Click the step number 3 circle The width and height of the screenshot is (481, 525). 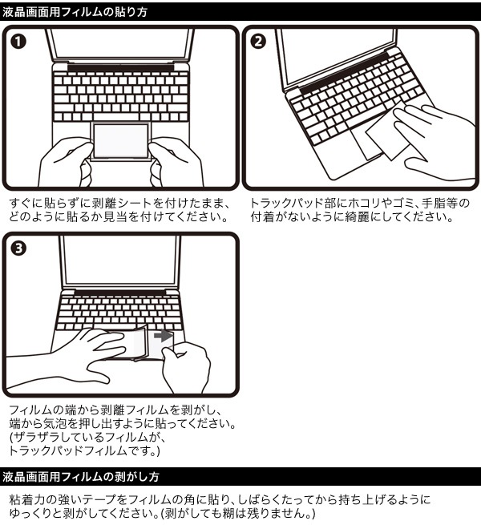18,248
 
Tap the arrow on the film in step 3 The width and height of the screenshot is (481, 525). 164,335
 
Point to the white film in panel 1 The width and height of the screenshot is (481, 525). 120,140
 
